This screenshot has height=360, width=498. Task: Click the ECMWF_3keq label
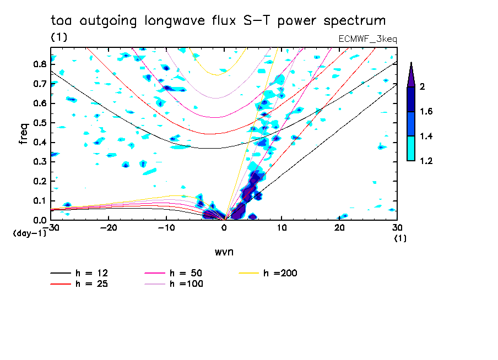tap(367, 39)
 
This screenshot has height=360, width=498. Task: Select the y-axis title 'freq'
tap(23, 133)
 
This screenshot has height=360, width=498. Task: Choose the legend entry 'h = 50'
tap(185, 273)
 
